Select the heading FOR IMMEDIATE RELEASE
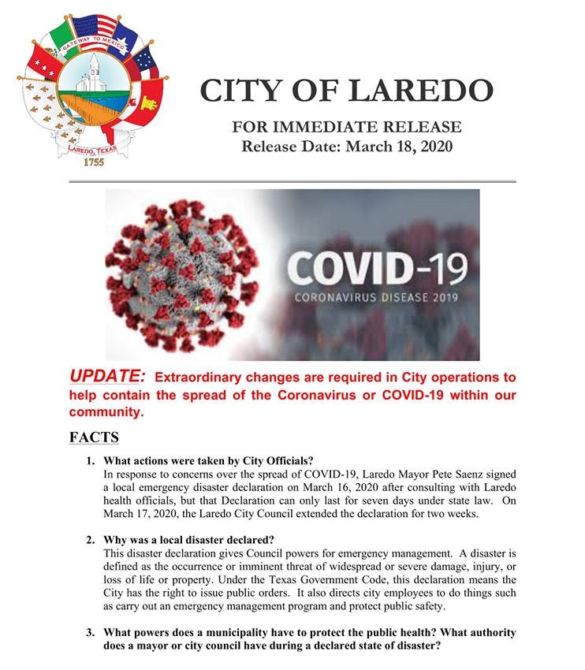click(x=347, y=128)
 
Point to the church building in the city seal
click(x=94, y=71)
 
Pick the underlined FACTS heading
click(x=94, y=436)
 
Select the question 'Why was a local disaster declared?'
click(x=189, y=540)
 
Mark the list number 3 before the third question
click(x=91, y=633)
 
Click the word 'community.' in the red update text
click(x=106, y=411)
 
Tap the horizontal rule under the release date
click(x=292, y=181)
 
